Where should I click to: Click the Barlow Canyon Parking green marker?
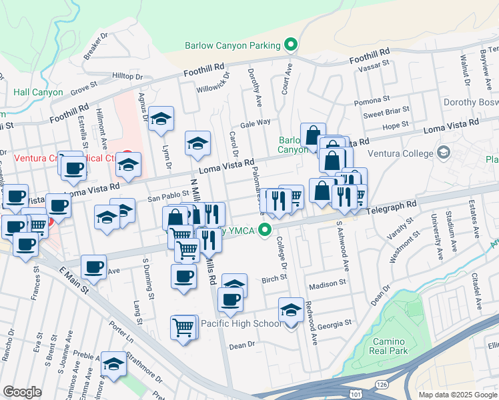pos(291,45)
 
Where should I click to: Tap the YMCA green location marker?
pos(266,231)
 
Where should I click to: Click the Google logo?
pos(22,392)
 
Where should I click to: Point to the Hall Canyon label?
pos(37,93)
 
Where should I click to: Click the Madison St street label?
pos(327,283)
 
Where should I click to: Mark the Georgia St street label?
pos(334,323)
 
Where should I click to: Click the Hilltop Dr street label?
pos(127,77)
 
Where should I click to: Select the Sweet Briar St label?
pos(386,115)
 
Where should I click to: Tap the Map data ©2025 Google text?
pos(458,395)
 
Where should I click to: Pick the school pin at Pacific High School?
pos(291,311)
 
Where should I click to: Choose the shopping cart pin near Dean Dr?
pos(183,327)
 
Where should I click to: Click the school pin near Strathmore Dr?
pos(113,365)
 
